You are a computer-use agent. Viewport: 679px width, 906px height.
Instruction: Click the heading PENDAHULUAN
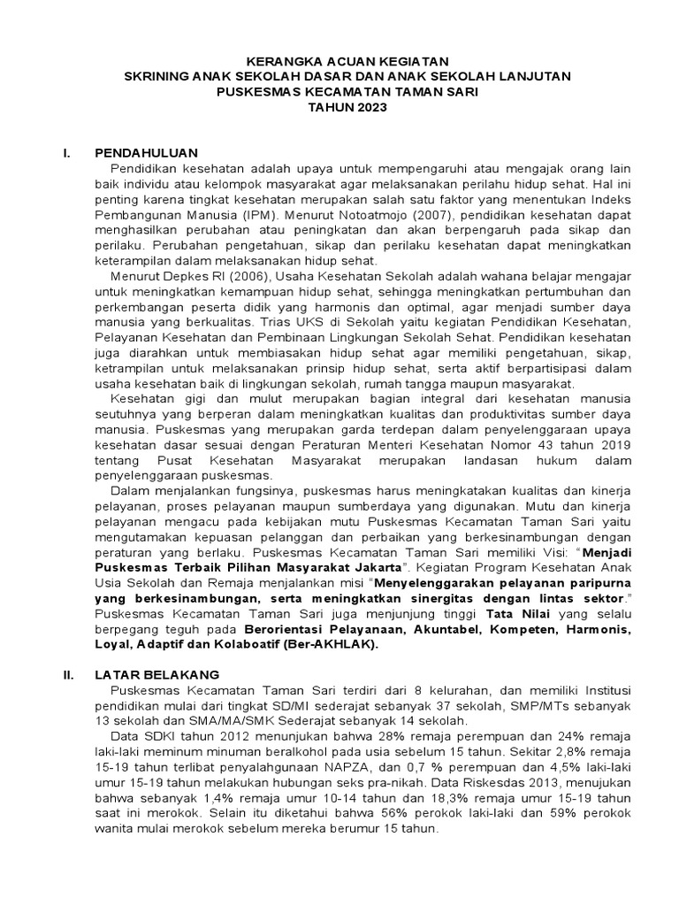click(147, 152)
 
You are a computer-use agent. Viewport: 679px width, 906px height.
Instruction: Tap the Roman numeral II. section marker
click(66, 674)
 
